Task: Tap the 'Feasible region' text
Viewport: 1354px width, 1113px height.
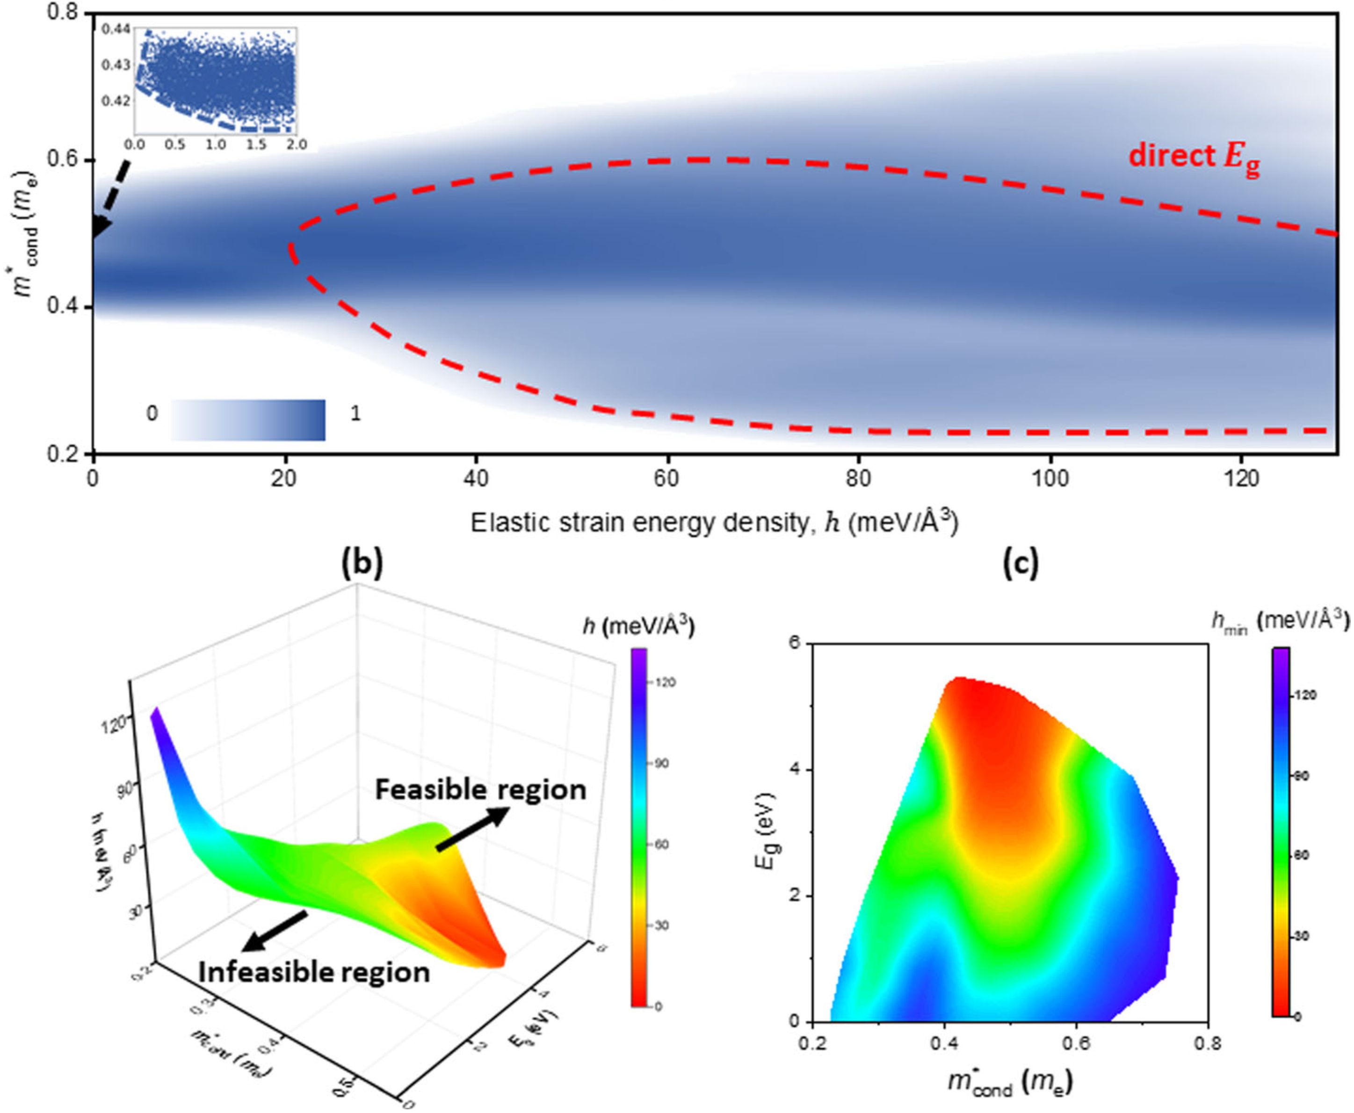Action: (x=480, y=789)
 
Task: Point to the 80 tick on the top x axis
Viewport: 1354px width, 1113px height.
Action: (x=858, y=479)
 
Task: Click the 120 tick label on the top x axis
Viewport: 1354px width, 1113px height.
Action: (x=1242, y=479)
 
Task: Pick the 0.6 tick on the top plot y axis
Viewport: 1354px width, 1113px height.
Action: (x=67, y=160)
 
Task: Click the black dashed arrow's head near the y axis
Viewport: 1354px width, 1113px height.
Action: (x=101, y=228)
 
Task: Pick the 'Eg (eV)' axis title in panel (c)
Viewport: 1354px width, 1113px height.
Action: (x=764, y=831)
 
